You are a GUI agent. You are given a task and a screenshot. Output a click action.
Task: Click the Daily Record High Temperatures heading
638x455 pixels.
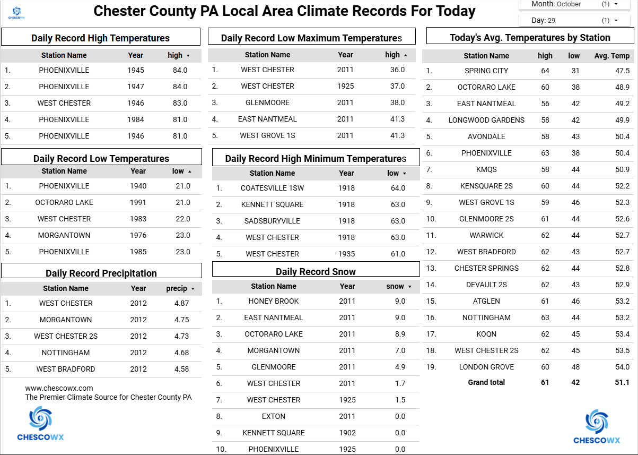coord(100,38)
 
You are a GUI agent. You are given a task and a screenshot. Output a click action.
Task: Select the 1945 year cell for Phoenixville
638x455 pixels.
coord(136,70)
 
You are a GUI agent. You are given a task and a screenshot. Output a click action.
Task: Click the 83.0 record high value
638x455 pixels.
coord(180,103)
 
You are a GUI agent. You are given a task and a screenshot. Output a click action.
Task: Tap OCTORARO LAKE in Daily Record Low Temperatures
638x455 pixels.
coord(64,202)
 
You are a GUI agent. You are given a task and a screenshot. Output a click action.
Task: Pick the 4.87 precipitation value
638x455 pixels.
coord(181,303)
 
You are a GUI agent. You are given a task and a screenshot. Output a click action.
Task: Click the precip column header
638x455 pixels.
coord(177,288)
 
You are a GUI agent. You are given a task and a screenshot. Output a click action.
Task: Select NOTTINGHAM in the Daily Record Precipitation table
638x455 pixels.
coord(66,353)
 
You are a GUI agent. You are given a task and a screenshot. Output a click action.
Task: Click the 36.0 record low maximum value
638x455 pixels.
coord(397,70)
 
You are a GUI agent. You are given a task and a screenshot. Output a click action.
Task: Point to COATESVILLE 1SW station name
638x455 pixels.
coord(273,188)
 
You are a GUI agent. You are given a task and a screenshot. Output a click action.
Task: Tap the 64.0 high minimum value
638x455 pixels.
coord(398,188)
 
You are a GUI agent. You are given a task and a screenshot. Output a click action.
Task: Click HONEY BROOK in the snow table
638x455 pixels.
coord(274,301)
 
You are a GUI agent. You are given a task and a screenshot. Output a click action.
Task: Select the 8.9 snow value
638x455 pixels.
coord(400,334)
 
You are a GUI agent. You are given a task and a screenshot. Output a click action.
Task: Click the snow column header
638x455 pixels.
coord(396,286)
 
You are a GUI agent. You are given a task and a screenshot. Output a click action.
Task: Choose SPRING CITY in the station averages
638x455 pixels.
coord(486,71)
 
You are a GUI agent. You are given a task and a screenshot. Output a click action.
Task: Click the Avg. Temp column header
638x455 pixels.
coord(612,56)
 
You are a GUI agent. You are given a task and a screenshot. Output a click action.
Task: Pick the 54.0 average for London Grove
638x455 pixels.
coord(622,367)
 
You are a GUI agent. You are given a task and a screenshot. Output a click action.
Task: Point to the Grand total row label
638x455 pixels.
coord(486,382)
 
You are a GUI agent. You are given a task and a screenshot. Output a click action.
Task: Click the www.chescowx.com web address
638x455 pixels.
coord(59,388)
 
